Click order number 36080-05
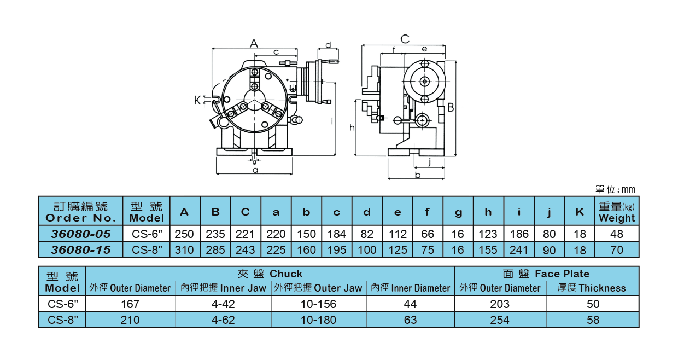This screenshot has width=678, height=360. point(81,234)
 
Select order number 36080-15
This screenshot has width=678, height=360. point(81,250)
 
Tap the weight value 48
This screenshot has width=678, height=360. point(617,234)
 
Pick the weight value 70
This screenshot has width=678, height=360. point(617,250)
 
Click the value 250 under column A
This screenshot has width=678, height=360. point(184,234)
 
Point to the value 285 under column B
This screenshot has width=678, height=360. point(215,250)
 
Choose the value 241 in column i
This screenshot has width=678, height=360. point(519,250)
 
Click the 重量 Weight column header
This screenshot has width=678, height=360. point(617,212)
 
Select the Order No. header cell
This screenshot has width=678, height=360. point(81,212)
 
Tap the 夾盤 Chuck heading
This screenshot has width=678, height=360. point(270,274)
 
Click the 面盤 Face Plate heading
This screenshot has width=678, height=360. point(546,274)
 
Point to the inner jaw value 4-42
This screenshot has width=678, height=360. point(223,304)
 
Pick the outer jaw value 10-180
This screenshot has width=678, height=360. point(318,320)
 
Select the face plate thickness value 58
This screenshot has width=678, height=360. point(593,320)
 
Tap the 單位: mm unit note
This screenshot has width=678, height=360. point(615,189)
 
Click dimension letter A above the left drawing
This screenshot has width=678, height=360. point(254,43)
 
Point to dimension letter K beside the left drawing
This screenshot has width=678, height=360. point(197,100)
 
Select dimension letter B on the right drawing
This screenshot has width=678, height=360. point(451,107)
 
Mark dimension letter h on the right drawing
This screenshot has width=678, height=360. point(353,127)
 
